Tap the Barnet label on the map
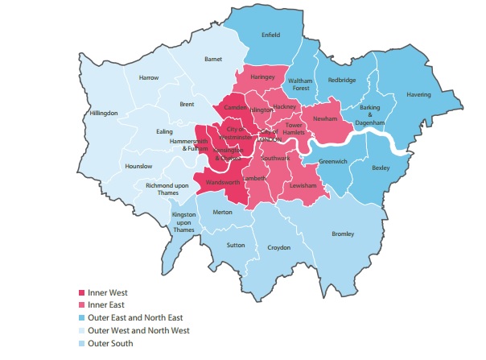213,59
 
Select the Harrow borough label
149,77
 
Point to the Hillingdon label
104,113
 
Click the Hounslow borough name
139,167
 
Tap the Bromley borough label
343,234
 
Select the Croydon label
279,247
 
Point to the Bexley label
380,169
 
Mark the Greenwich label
332,161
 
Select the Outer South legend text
112,344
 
